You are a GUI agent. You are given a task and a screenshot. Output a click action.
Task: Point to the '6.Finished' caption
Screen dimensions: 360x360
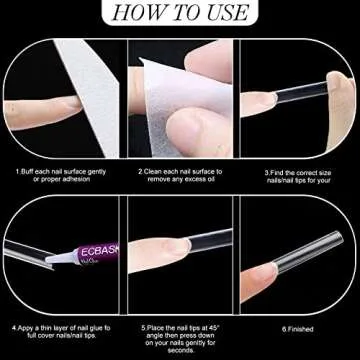coord(299,327)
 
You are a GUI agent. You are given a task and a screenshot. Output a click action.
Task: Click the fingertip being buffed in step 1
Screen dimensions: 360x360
coord(40,97)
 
